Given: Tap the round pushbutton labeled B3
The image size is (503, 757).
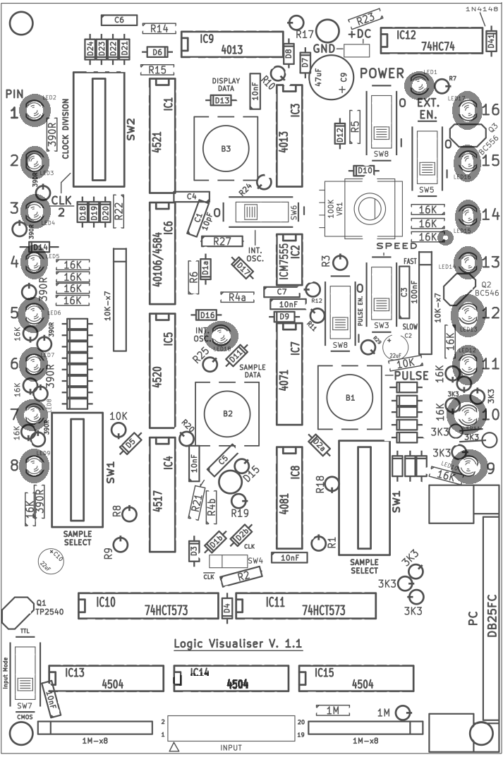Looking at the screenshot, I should coord(225,148).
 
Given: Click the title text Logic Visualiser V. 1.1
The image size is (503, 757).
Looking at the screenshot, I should coord(238,644).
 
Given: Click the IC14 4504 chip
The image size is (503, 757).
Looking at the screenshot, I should coord(231,679).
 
